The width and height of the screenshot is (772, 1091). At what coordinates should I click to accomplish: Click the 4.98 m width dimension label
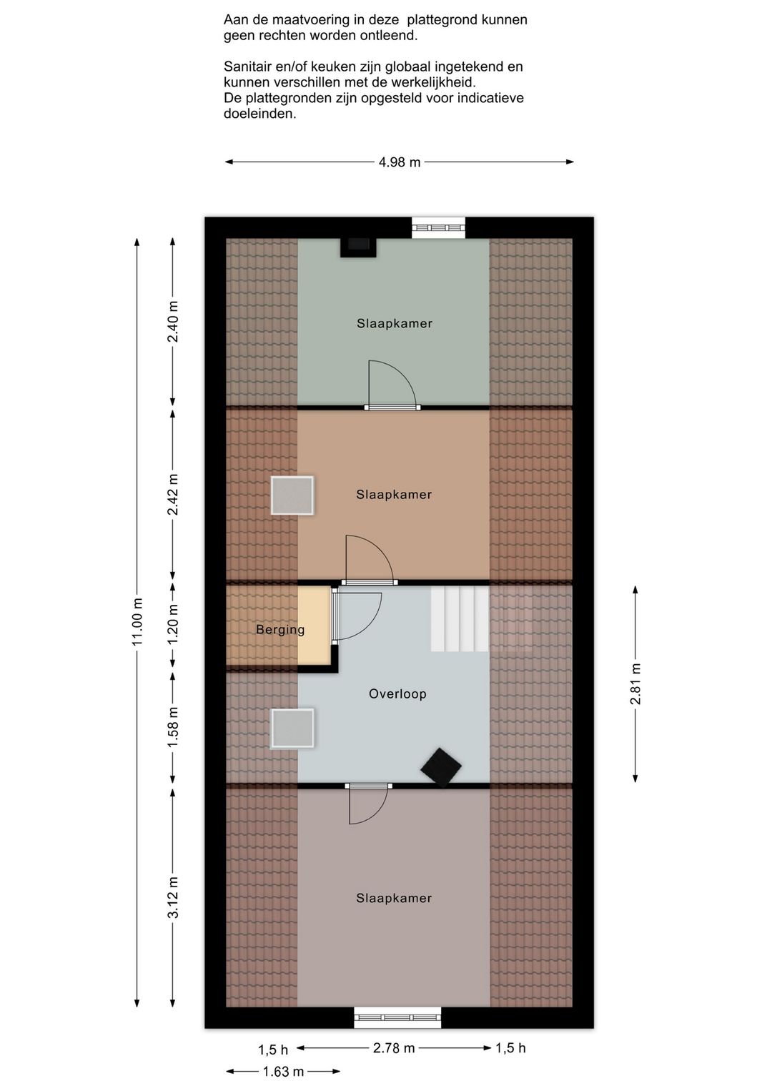pos(400,162)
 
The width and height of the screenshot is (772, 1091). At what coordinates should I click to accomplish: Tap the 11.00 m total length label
pos(137,622)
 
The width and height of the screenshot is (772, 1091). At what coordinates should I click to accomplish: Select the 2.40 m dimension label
pos(173,322)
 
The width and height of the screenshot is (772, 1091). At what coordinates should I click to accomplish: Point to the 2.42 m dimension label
pos(173,494)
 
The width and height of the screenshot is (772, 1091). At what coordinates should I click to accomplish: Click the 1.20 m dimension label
pos(173,625)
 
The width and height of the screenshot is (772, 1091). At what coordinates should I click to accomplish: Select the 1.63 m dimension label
pos(283,1072)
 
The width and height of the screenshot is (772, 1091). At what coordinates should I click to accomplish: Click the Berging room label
pos(280,630)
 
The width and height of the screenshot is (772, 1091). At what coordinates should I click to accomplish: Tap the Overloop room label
pos(397,693)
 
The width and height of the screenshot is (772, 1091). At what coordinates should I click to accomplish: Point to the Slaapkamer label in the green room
pos(395,323)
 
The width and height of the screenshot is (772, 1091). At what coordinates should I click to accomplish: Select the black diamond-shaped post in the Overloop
pos(441,767)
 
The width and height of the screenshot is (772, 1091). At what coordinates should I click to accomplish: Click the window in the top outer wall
pos(438,227)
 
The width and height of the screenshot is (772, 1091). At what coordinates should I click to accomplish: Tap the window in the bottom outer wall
pos(397,1017)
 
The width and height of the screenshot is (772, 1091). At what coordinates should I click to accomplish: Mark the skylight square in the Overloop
pos(292,728)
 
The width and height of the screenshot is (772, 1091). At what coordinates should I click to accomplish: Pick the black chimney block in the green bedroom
pos(358,247)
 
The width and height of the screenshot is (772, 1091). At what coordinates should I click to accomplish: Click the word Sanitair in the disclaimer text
pos(246,66)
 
